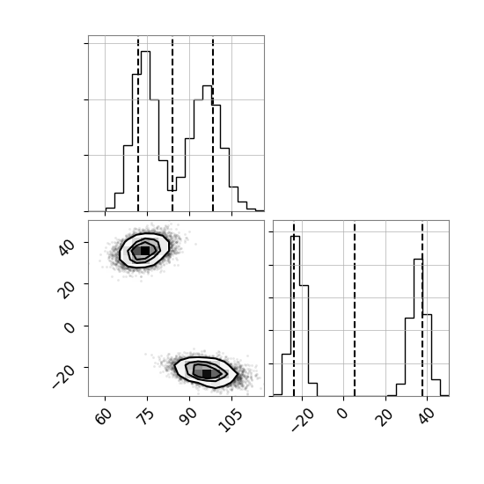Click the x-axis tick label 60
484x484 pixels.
point(104,416)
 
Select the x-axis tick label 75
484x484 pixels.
point(146,416)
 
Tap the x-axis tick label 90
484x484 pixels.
point(188,416)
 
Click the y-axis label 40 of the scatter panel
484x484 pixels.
point(66,247)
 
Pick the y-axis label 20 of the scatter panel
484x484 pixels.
point(66,290)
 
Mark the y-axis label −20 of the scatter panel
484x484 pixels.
point(63,377)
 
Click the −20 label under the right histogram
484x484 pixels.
point(302,419)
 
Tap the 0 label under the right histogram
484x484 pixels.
point(342,414)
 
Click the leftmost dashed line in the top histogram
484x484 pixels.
point(138,125)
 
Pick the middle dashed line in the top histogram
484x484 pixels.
point(172,125)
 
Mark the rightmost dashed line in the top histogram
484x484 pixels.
point(213,125)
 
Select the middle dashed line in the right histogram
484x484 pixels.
point(355,310)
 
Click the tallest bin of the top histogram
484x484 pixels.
point(146,131)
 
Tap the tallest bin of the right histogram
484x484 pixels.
point(295,316)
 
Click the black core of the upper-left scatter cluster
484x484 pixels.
point(145,251)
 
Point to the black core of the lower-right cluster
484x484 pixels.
point(207,374)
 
